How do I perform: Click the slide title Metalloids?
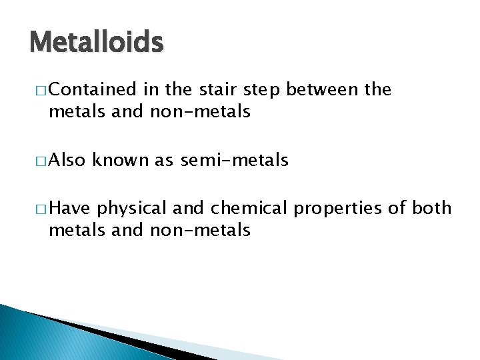point(97,43)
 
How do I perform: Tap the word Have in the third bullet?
point(70,209)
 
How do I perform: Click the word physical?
point(132,209)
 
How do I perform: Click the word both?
point(432,209)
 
